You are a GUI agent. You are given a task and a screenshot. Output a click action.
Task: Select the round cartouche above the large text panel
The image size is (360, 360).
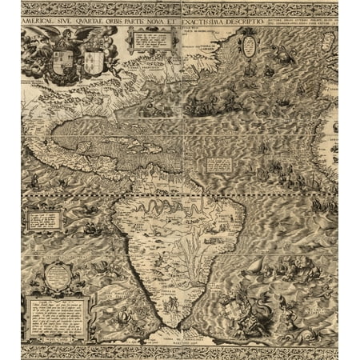[x=57, y=276]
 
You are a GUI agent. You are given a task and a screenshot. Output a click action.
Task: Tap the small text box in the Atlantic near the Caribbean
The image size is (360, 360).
[x=218, y=164]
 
